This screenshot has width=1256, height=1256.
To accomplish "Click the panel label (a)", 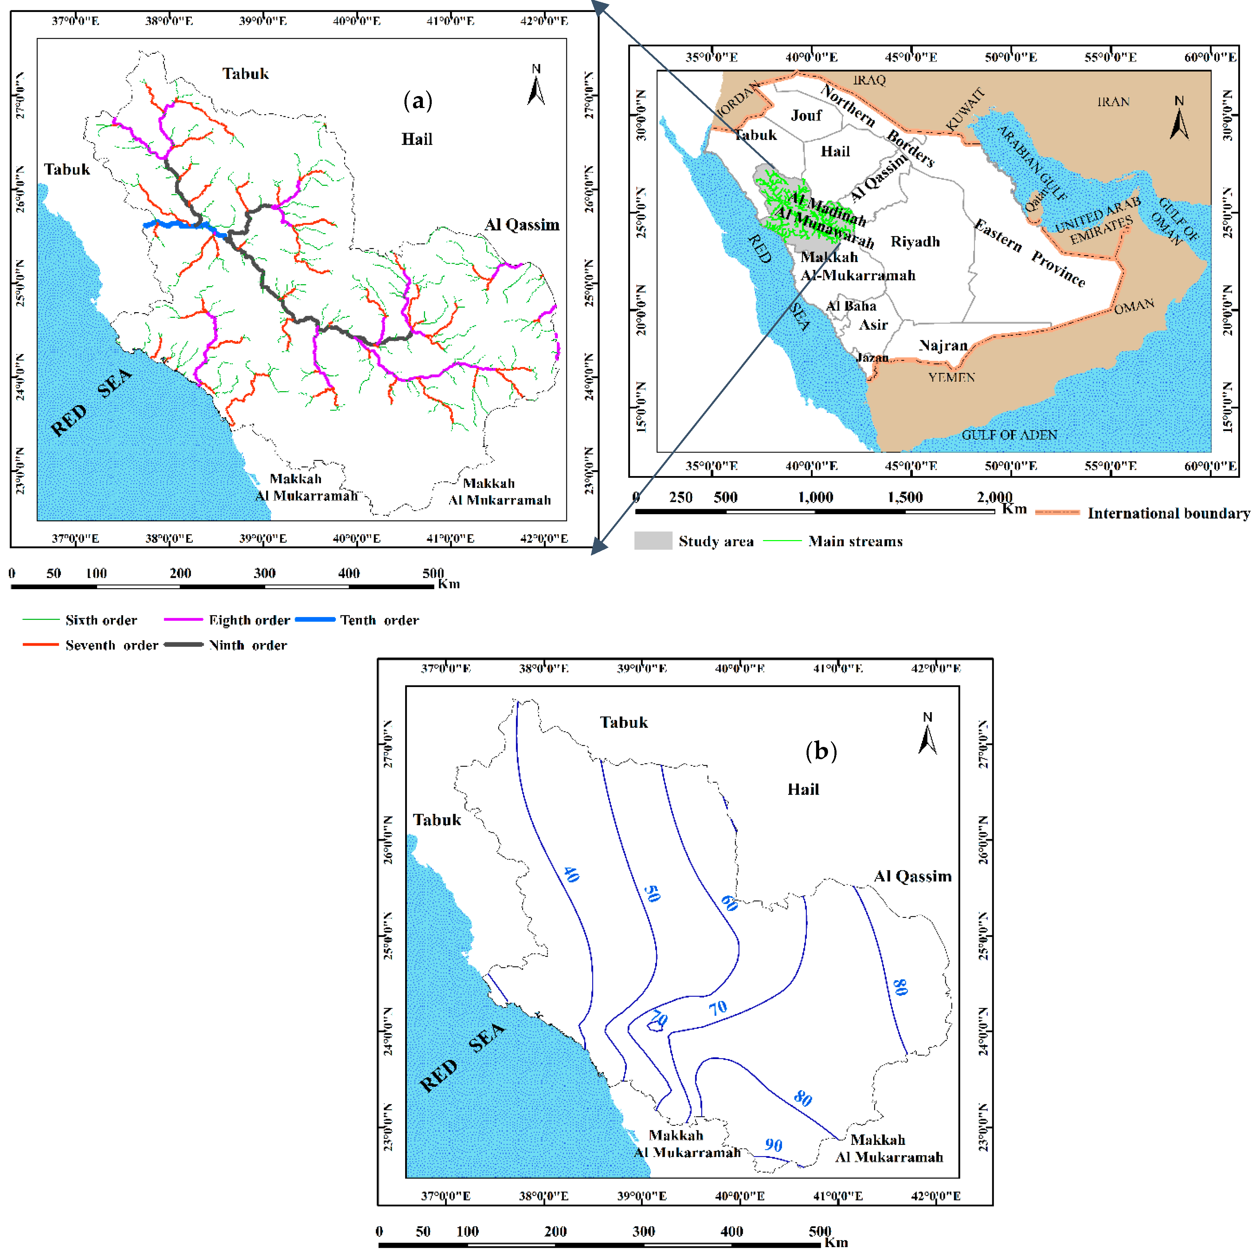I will [417, 101].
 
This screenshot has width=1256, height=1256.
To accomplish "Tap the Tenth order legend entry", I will [379, 620].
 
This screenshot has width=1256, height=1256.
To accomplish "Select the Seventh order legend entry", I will [111, 646].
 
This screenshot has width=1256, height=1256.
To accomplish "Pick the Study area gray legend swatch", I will [653, 541].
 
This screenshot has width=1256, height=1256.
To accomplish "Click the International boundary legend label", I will [1168, 514].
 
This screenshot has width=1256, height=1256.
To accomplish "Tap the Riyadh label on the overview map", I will [915, 242].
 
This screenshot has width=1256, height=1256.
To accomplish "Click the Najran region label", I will [943, 345].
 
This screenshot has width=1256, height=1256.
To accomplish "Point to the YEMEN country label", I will [951, 378].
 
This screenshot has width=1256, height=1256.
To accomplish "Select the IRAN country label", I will [1113, 102].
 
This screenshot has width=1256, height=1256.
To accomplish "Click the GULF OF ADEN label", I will [1009, 435].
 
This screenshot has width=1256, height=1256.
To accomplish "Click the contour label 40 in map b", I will [571, 874].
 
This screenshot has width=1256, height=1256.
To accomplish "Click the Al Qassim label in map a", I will [521, 225].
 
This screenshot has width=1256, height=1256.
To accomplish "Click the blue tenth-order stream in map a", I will [182, 225].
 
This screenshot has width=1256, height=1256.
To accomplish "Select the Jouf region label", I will [806, 116].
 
